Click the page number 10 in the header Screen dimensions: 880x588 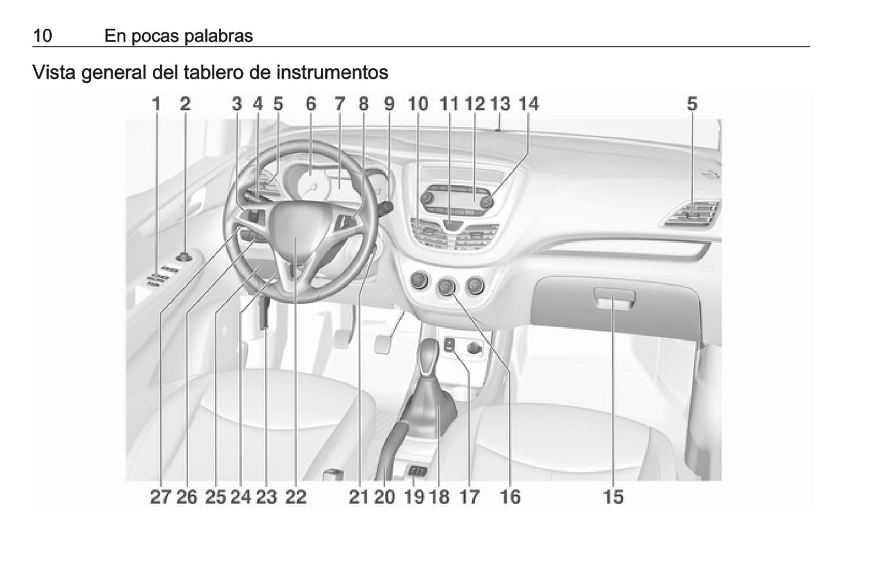(43, 36)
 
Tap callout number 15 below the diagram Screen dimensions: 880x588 (613, 497)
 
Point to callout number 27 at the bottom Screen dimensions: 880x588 (160, 497)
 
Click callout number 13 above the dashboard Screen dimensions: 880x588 (500, 104)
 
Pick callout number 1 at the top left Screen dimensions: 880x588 (157, 104)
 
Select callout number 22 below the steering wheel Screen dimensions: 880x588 (295, 497)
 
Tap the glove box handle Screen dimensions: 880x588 (614, 298)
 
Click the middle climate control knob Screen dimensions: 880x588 (446, 286)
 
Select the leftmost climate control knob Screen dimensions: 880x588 (419, 281)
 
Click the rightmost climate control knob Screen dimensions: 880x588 (475, 286)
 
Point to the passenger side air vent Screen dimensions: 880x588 (692, 214)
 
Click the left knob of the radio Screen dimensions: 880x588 (427, 197)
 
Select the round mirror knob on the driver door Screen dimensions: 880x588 (184, 257)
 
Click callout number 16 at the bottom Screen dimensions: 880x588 (510, 497)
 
